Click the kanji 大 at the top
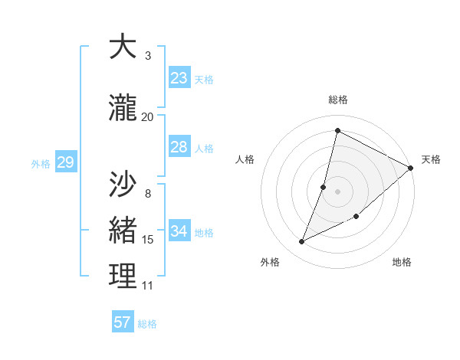[x=123, y=47]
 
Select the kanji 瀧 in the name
[x=123, y=109]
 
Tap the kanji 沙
[x=123, y=184]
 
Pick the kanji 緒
[x=123, y=231]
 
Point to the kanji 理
[x=123, y=277]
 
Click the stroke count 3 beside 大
[x=148, y=56]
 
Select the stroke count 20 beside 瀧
[x=148, y=116]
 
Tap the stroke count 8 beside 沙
[x=148, y=193]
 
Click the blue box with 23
[x=179, y=78]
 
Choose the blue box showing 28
[x=179, y=147]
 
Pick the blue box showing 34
[x=179, y=231]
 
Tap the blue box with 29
[x=65, y=162]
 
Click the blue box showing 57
[x=123, y=322]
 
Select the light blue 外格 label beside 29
[x=41, y=163]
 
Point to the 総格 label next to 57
[x=147, y=324]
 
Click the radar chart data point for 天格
[x=411, y=169]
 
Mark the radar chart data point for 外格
[x=302, y=242]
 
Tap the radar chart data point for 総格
[x=337, y=131]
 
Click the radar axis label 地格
[x=402, y=262]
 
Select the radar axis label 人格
[x=245, y=159]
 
